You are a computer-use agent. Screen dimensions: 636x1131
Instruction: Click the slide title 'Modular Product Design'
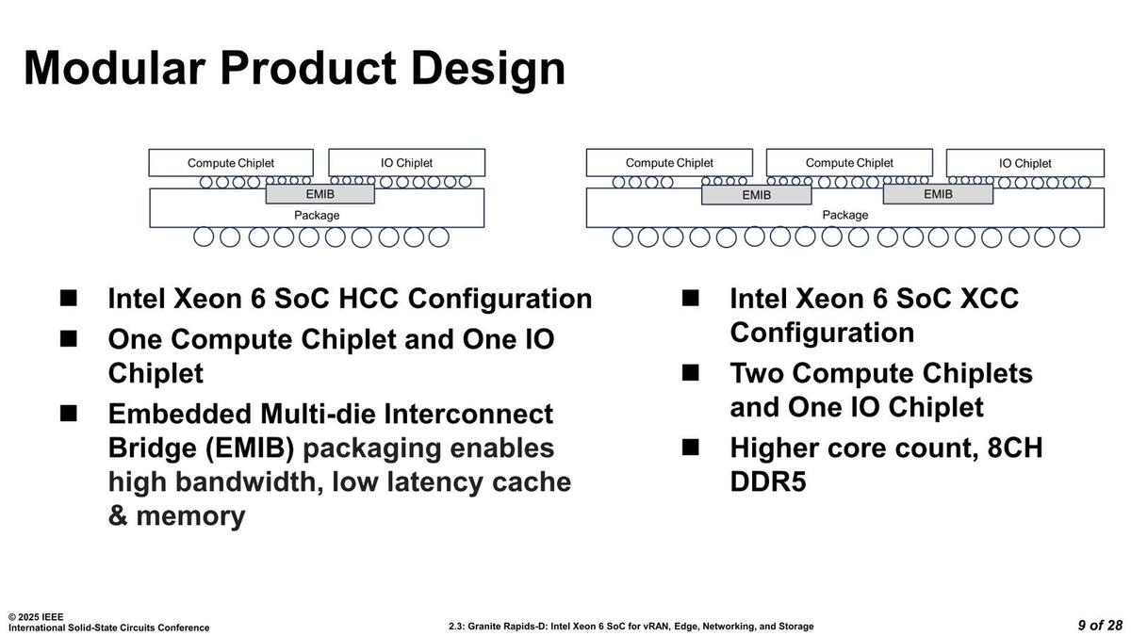coord(294,68)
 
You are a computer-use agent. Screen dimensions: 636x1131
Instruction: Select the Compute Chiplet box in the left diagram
coord(231,163)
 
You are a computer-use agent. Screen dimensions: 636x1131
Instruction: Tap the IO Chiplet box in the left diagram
coord(406,163)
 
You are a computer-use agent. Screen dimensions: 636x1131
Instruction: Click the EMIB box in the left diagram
coord(320,194)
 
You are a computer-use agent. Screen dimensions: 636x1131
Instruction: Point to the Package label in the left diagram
coord(317,215)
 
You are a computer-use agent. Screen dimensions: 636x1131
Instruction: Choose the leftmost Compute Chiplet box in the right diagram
coord(669,163)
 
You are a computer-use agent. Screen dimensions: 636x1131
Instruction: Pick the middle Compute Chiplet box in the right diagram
coord(849,163)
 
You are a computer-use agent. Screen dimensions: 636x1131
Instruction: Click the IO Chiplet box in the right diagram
coord(1025,163)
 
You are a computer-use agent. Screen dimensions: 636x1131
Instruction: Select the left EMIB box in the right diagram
coord(756,195)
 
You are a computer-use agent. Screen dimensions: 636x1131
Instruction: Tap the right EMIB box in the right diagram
coord(938,194)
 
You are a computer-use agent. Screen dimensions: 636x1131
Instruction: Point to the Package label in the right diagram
coord(845,215)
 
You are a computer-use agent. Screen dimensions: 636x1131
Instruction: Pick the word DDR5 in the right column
coord(768,481)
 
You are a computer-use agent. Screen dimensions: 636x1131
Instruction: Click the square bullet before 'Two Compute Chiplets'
coord(691,372)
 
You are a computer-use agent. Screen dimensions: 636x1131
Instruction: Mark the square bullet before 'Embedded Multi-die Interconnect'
coord(69,413)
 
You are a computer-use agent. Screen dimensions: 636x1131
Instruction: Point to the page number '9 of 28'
coord(1100,626)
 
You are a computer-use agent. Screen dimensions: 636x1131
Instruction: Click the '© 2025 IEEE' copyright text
coord(36,616)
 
